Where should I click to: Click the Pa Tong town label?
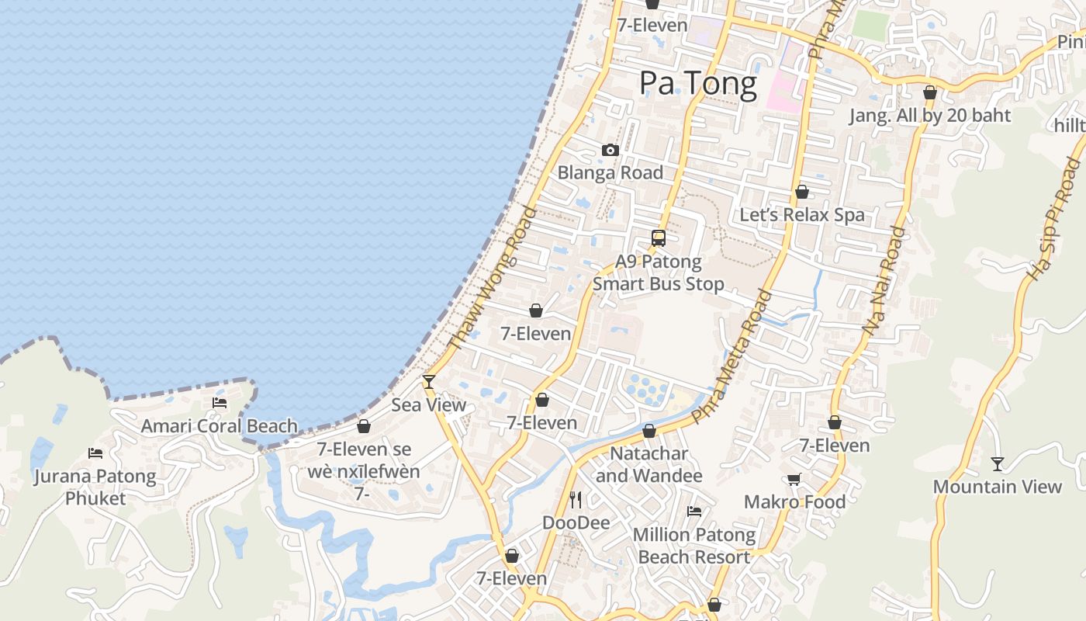coord(698,84)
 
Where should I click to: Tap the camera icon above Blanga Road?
coord(610,151)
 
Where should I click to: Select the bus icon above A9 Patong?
coord(659,238)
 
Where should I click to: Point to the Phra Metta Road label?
coord(732,357)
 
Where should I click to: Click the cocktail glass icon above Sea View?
coord(428,381)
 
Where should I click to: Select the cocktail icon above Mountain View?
coord(998,464)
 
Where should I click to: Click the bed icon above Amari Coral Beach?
coord(220,403)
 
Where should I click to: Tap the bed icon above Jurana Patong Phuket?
coord(95,453)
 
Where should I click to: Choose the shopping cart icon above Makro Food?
coord(794,480)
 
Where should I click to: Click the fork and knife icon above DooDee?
coord(576,499)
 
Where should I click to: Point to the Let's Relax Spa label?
coord(802,215)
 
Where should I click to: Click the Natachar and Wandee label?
coord(649,464)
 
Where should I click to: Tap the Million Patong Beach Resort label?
coord(694,546)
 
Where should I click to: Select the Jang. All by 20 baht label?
coord(930,116)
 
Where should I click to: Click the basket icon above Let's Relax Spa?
coord(802,192)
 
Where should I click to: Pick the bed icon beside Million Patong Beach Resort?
coord(694,512)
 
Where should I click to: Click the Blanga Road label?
coord(610,172)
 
